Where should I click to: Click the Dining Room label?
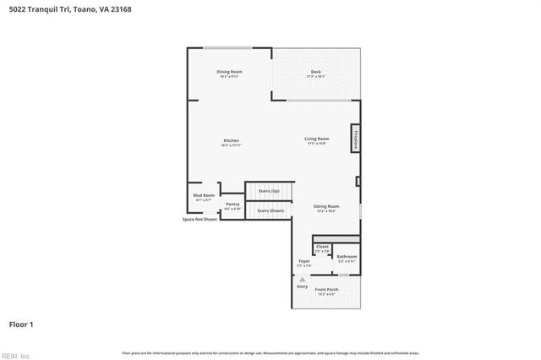pos(229,73)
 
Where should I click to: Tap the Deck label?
pos(315,73)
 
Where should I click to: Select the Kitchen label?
pos(231,141)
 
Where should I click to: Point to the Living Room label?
pos(317,139)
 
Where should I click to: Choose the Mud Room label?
pos(204,196)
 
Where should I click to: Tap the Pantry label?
pos(232,205)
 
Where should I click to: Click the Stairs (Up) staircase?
pos(268,192)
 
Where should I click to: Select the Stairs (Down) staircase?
pos(268,210)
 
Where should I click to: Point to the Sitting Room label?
pos(326,207)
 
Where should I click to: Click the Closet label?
pos(322,248)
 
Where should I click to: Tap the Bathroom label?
pos(347,257)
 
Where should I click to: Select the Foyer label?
pos(304,262)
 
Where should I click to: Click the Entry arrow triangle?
pos(302,278)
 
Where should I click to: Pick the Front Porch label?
pos(326,291)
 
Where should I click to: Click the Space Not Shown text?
pos(199,219)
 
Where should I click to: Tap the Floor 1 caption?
pos(21,323)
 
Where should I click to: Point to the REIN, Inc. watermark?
pos(15,355)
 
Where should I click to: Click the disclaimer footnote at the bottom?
pos(270,352)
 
